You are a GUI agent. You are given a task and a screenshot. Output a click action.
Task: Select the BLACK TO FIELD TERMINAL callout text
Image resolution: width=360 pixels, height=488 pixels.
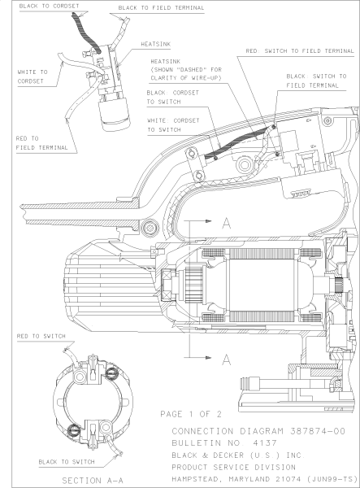pyautogui.click(x=161, y=8)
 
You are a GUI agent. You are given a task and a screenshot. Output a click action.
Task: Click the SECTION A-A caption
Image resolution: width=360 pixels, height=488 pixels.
pyautogui.click(x=91, y=481)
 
